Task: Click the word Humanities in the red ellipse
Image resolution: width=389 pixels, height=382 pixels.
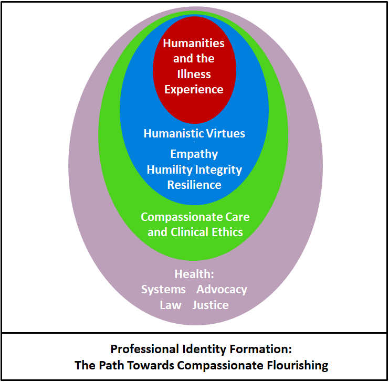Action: [x=194, y=44]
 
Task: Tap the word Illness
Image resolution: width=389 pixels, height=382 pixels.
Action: [x=194, y=74]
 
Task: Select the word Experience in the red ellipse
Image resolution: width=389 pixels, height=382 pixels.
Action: [x=194, y=89]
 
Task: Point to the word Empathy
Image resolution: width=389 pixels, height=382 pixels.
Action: [x=194, y=154]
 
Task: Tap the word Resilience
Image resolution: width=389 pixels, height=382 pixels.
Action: [x=194, y=185]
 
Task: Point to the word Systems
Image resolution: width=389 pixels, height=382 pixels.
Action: [x=163, y=290]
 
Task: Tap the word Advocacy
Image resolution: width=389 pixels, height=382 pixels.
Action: [x=222, y=290]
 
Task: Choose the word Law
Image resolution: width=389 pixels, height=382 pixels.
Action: [x=171, y=305]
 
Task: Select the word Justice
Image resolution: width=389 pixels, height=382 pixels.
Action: [x=211, y=305]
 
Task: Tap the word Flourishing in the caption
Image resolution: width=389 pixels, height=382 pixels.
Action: [x=300, y=365]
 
